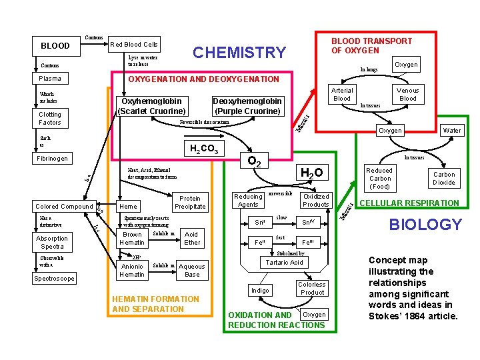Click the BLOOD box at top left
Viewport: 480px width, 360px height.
click(x=55, y=46)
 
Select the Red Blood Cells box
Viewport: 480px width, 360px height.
click(x=134, y=45)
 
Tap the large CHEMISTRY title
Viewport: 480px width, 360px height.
click(x=239, y=53)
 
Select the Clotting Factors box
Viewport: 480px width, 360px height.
click(x=50, y=119)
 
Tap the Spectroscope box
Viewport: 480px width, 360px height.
click(x=55, y=278)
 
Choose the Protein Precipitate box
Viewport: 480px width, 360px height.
click(x=190, y=203)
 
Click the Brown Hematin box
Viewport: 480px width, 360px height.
click(x=132, y=239)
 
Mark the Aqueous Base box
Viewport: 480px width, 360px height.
click(x=192, y=270)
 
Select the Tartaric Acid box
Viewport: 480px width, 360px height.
click(x=285, y=262)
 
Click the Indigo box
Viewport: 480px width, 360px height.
click(x=260, y=291)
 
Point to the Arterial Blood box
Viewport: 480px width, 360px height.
click(x=341, y=94)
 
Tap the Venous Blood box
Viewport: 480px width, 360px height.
click(x=407, y=94)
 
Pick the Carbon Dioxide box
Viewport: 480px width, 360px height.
click(x=444, y=178)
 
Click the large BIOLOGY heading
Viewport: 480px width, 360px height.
click(x=425, y=225)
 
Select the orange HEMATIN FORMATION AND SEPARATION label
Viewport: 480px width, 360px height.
click(x=155, y=304)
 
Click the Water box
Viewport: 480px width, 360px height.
click(x=452, y=131)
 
